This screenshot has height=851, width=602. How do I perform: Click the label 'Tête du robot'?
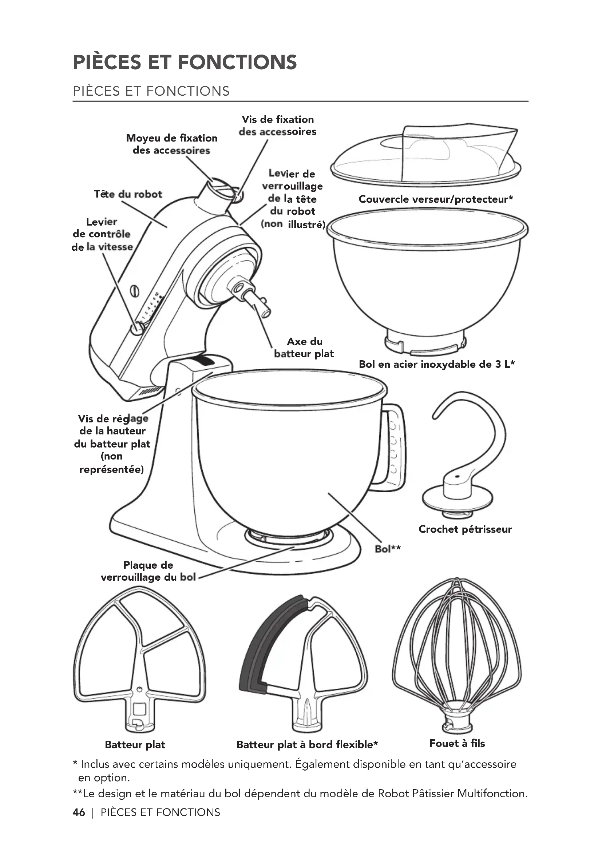[128, 194]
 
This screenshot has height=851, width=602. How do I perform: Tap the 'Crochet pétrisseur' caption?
[465, 529]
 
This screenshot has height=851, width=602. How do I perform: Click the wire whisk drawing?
[457, 656]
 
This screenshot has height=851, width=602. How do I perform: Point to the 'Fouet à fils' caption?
[457, 743]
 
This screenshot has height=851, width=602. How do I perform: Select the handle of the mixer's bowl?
[395, 445]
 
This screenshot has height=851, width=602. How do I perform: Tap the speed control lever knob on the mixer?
[137, 328]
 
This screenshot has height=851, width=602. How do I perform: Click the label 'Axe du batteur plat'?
[304, 347]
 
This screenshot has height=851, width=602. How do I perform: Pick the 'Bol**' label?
[387, 549]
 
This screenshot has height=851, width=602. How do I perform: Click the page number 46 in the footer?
[79, 812]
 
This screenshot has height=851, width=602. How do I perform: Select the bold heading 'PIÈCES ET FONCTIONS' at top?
[185, 62]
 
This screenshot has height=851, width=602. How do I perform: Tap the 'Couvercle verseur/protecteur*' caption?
[436, 199]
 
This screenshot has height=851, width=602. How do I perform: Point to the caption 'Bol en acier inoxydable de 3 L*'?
[437, 364]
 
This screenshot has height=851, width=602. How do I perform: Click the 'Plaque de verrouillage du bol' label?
[148, 571]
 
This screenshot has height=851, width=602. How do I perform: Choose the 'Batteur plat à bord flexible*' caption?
[307, 744]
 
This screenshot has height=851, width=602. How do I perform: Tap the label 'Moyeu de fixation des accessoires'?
[172, 144]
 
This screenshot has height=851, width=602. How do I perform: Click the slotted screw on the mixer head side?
[135, 291]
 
